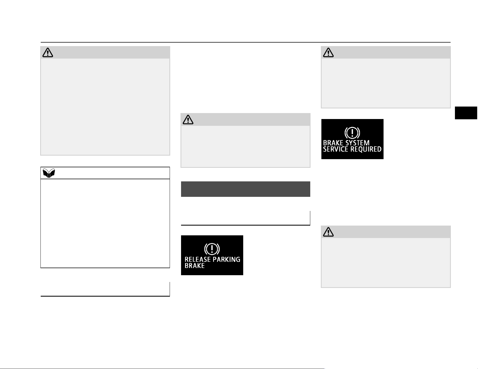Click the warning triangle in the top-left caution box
click(x=48, y=52)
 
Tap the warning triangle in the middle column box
click(x=188, y=120)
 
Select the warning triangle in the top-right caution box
click(x=328, y=52)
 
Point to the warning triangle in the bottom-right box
click(x=328, y=232)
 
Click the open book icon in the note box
click(x=49, y=173)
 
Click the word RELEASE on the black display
click(x=198, y=259)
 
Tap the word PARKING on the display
click(x=227, y=259)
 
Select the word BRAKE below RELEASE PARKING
click(x=195, y=266)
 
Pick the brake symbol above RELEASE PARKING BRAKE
click(x=212, y=249)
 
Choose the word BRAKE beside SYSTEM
click(x=333, y=143)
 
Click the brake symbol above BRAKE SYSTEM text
click(x=352, y=133)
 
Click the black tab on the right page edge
click(x=466, y=113)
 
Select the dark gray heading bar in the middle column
click(x=245, y=189)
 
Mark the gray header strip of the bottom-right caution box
click(x=386, y=232)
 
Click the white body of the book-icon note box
click(x=105, y=223)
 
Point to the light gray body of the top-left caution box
click(x=105, y=107)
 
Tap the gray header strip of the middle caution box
click(x=245, y=119)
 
